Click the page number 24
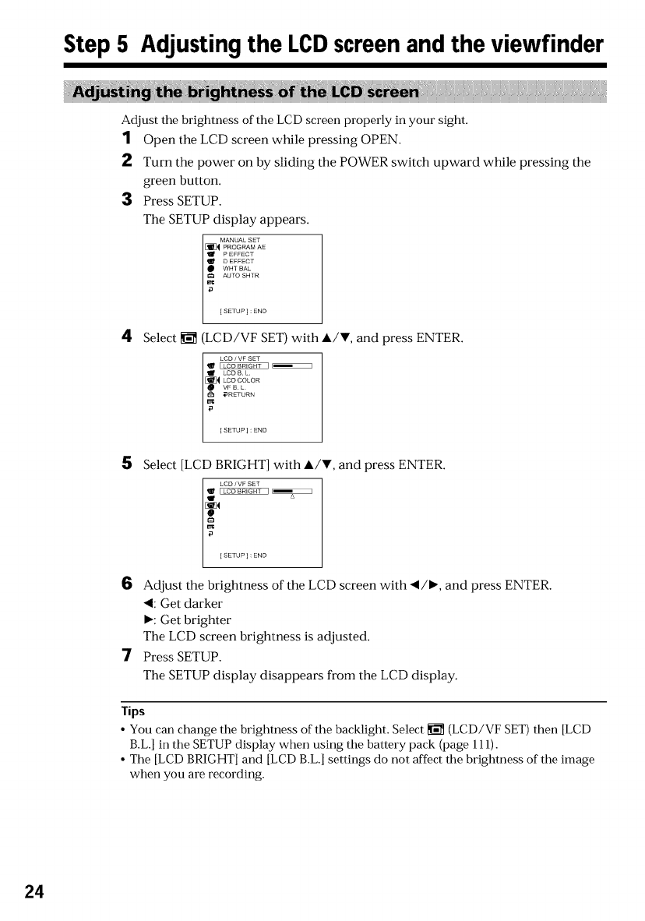coord(32,891)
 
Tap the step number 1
coord(126,139)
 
